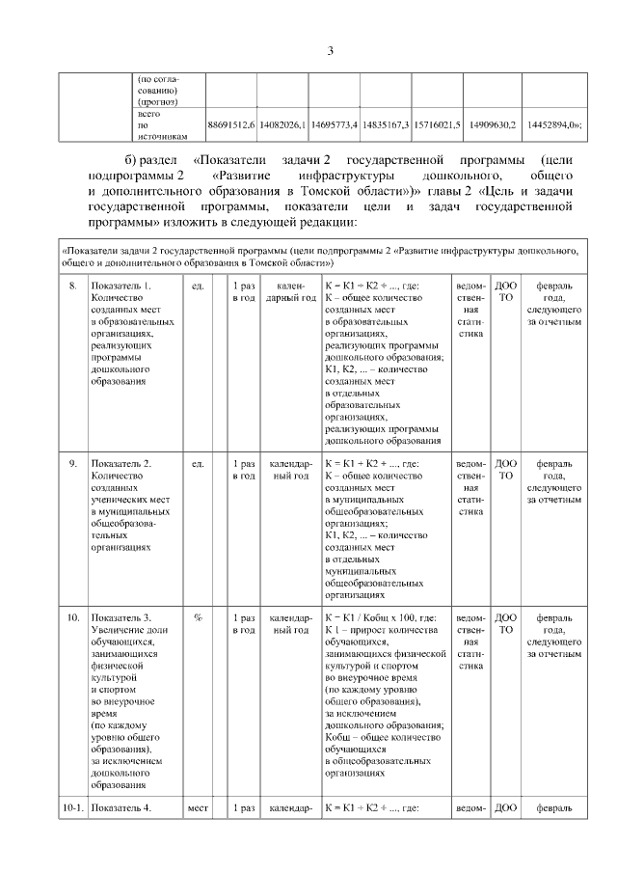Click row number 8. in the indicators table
[x=72, y=286]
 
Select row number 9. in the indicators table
[x=72, y=464]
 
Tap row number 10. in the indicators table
[x=72, y=616]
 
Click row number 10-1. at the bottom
[x=74, y=808]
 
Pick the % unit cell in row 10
[x=198, y=616]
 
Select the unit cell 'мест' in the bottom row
[x=198, y=808]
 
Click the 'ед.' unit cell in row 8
[x=198, y=286]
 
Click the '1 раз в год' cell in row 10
[x=246, y=622]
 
